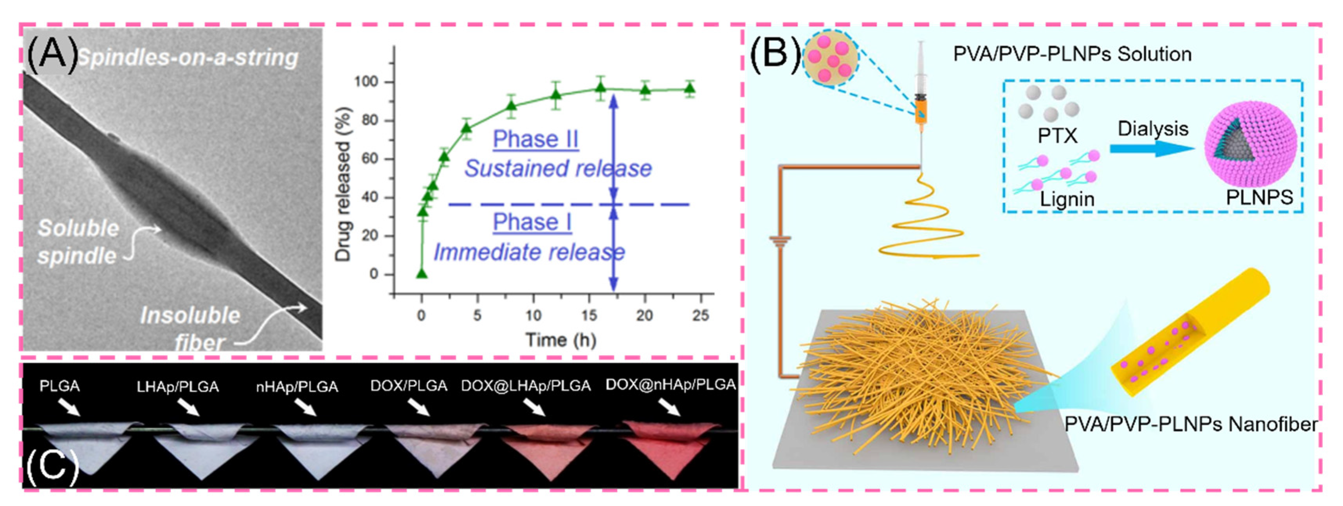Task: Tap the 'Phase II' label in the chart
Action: pyautogui.click(x=535, y=139)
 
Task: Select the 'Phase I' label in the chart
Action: pyautogui.click(x=532, y=222)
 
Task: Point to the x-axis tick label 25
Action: pyautogui.click(x=700, y=315)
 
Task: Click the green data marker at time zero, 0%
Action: pyautogui.click(x=422, y=274)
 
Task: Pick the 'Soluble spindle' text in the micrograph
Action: pyautogui.click(x=78, y=242)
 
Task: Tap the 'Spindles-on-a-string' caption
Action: pyautogui.click(x=187, y=57)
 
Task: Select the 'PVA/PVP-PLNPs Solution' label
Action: pyautogui.click(x=1072, y=54)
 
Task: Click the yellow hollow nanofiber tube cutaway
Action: pyautogui.click(x=1189, y=333)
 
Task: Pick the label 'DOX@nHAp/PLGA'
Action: pyautogui.click(x=670, y=385)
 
